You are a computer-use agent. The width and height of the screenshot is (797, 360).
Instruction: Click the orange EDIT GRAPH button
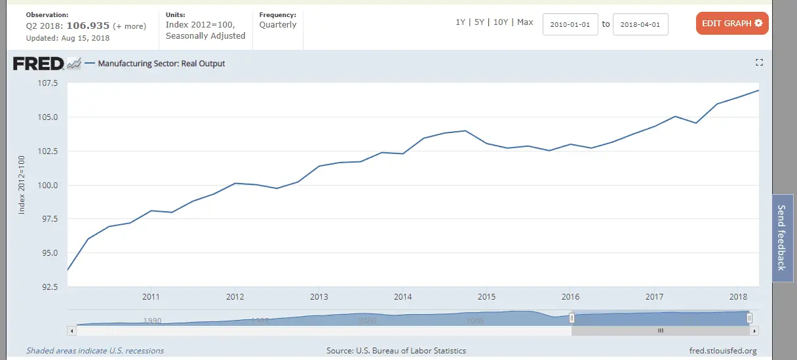point(731,24)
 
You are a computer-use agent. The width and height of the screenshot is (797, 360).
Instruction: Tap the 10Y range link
point(500,22)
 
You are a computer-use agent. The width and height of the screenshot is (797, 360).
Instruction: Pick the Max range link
point(525,22)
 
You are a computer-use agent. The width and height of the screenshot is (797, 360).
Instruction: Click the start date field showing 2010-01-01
point(570,24)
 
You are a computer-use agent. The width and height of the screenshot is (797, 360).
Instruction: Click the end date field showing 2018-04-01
point(640,24)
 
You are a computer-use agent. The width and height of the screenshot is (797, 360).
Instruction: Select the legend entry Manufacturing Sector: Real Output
point(161,64)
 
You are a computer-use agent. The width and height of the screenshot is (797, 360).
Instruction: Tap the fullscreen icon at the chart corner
point(759,62)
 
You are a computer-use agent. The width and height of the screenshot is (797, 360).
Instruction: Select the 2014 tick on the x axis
point(402,296)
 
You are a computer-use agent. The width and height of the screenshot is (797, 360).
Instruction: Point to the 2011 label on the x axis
point(151,296)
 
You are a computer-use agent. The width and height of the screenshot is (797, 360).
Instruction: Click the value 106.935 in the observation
point(90,26)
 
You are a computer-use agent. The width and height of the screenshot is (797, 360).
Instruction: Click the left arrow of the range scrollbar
point(72,330)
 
